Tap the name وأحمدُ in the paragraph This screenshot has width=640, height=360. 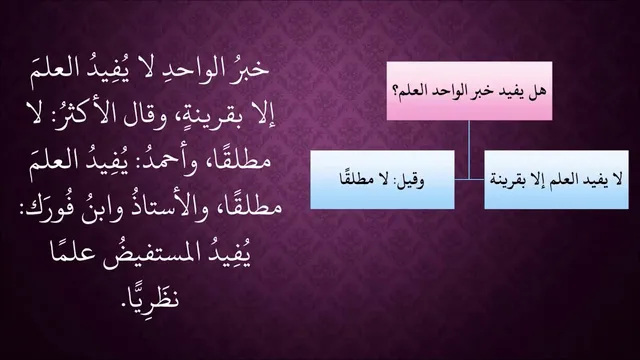click(160, 160)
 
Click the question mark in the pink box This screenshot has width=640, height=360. click(396, 91)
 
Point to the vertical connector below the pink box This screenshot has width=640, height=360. click(469, 149)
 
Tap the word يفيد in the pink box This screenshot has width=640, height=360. click(516, 91)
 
